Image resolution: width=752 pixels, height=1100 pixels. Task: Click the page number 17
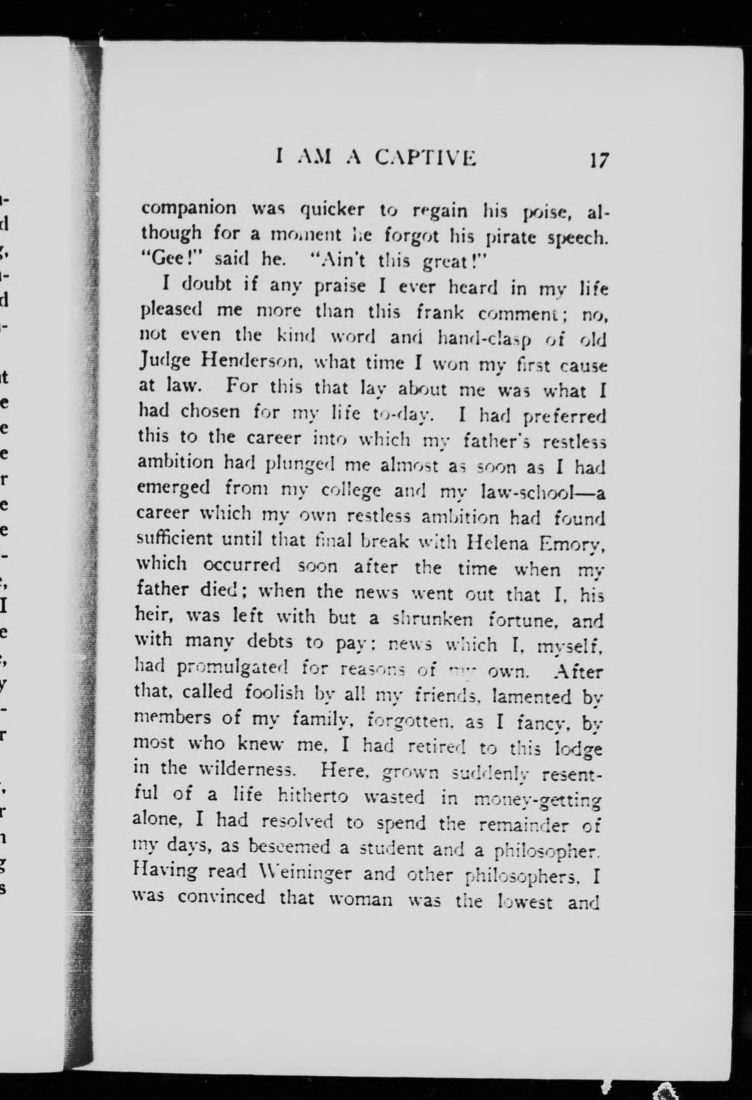[x=598, y=161]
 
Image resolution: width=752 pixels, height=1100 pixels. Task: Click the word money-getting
[x=537, y=800]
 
